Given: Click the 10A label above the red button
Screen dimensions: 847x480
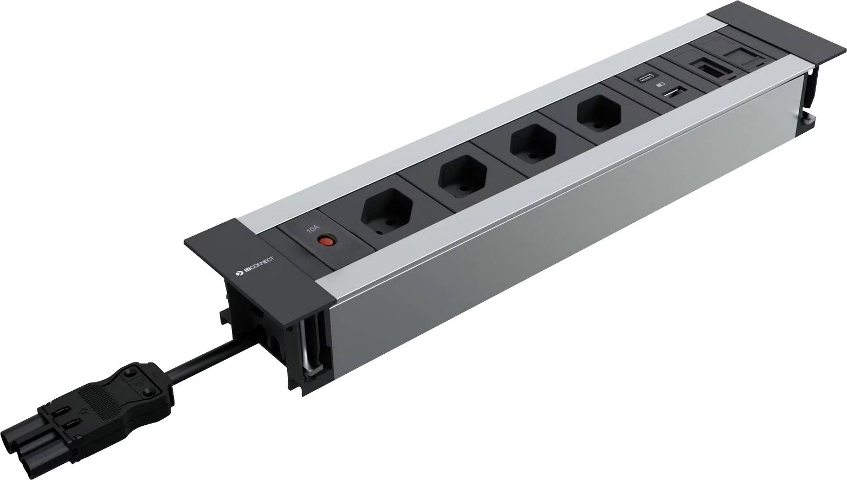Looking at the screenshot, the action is (313, 229).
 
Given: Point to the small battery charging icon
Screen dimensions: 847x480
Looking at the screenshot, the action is (660, 86).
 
